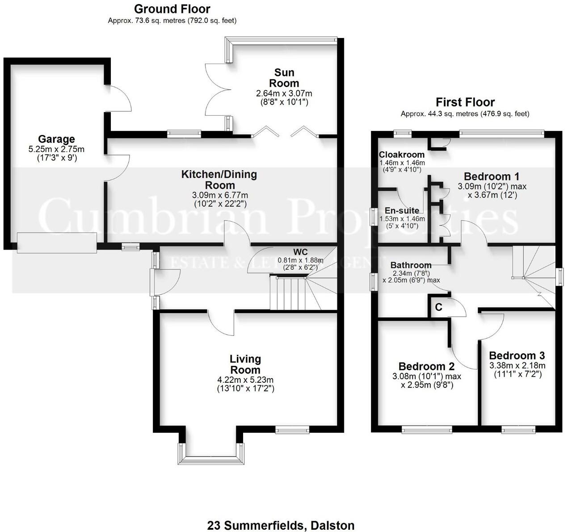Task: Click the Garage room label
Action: [x=56, y=139]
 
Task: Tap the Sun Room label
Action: [x=284, y=78]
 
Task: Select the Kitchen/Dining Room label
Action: [x=219, y=180]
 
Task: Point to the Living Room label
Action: [x=245, y=364]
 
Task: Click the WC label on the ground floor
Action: [x=300, y=251]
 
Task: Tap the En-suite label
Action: [x=402, y=210]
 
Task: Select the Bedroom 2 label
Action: [x=426, y=366]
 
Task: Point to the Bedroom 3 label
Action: [x=517, y=356]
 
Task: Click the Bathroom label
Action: [x=411, y=265]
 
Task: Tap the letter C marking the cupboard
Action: [x=438, y=307]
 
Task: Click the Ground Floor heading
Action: [x=172, y=9]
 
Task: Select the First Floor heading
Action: [x=465, y=102]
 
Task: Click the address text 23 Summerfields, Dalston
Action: [x=281, y=525]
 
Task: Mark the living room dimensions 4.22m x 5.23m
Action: [x=245, y=380]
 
